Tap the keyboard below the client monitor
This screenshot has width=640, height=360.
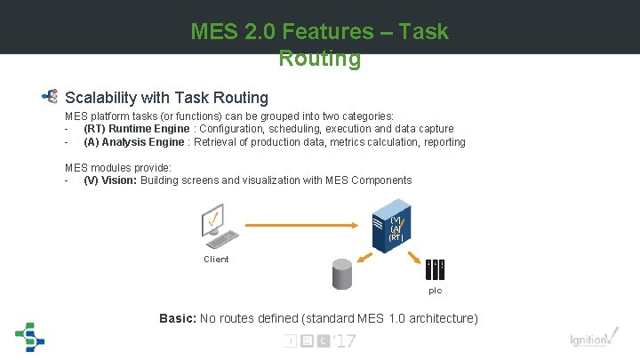221,241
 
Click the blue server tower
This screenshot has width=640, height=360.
397,228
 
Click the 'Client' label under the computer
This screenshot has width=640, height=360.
216,260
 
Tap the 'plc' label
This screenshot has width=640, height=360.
436,290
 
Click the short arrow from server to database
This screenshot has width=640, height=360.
366,252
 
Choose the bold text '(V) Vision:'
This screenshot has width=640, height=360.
111,180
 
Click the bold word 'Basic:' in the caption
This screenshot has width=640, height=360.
178,318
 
